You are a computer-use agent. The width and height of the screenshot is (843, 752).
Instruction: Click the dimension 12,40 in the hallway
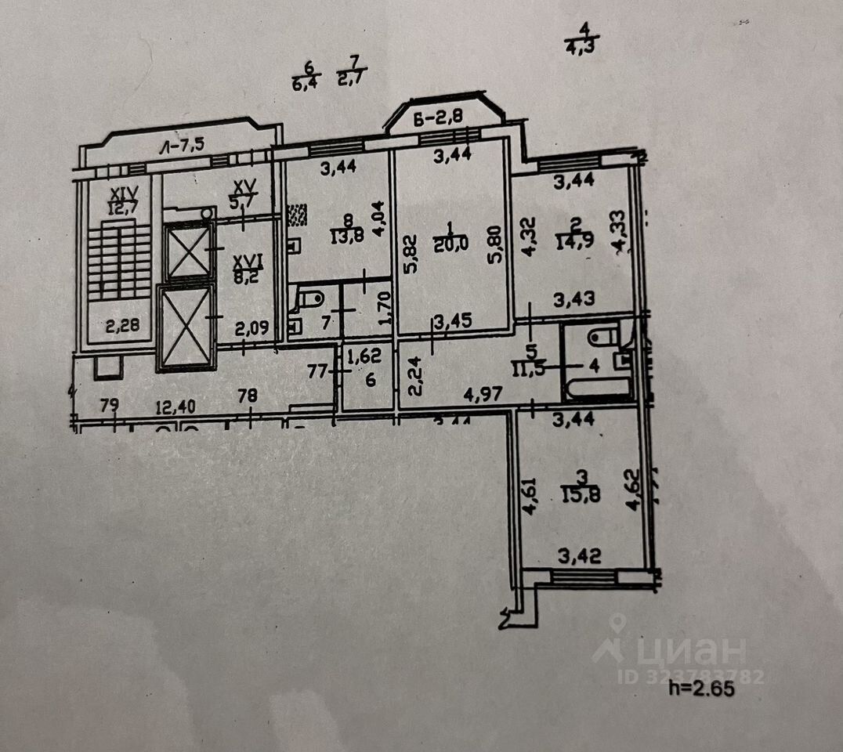coord(175,407)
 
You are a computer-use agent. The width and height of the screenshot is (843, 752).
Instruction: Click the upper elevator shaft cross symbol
coord(189,251)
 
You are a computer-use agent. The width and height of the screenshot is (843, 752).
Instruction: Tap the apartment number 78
coord(247,397)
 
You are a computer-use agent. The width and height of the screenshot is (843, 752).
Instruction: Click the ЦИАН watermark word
coord(689,650)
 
